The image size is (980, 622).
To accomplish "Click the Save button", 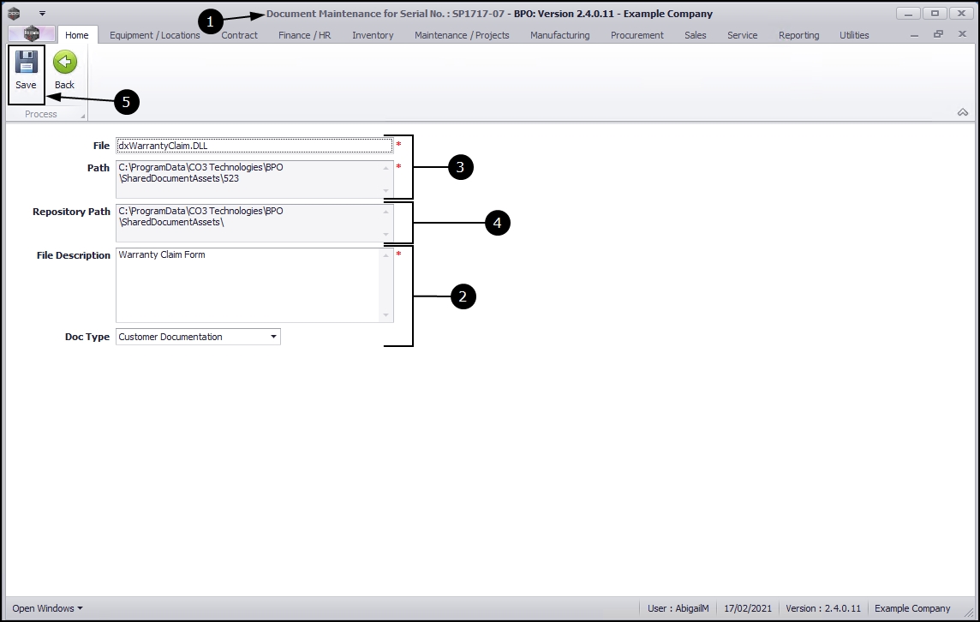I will click(x=26, y=70).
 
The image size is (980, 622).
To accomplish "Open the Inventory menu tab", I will click(x=373, y=35).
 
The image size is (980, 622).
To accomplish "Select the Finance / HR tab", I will click(x=304, y=35).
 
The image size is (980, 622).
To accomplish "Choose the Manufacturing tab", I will click(x=559, y=35).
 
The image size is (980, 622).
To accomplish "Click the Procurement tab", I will click(x=636, y=35).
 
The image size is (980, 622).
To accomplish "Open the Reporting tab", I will click(x=798, y=35).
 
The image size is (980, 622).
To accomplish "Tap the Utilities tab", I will click(x=854, y=35).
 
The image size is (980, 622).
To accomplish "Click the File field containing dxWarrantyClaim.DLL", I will click(x=254, y=146).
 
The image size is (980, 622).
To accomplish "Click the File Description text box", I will click(x=248, y=285).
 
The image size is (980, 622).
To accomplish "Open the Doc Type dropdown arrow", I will click(x=274, y=337).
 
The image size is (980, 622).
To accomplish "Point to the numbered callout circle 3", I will click(x=461, y=167).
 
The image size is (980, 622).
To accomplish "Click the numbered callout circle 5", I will click(x=126, y=102).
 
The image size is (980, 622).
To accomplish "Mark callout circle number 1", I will click(x=210, y=21).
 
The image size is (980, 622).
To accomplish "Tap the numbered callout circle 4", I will click(x=497, y=223).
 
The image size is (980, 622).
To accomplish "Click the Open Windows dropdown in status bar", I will click(x=47, y=608).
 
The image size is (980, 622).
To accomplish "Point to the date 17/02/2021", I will click(x=748, y=608).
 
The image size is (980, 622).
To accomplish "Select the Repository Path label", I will click(x=71, y=212).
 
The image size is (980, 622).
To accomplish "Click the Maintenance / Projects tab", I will click(x=462, y=35).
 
